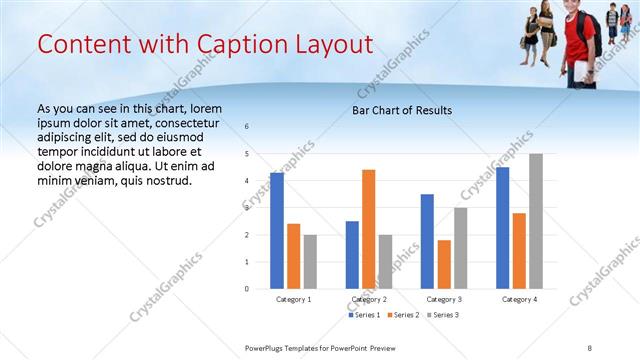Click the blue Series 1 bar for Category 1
(277, 231)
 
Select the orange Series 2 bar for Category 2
(368, 229)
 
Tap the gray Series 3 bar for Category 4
(536, 221)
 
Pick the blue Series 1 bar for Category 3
(427, 241)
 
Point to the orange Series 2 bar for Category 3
(444, 264)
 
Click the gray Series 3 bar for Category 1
(310, 262)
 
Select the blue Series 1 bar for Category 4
(502, 228)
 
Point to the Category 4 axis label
(519, 299)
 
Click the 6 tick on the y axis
(247, 126)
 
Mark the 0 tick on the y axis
(247, 289)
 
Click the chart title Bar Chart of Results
(402, 110)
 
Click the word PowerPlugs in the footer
(268, 348)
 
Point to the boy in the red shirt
(577, 40)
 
